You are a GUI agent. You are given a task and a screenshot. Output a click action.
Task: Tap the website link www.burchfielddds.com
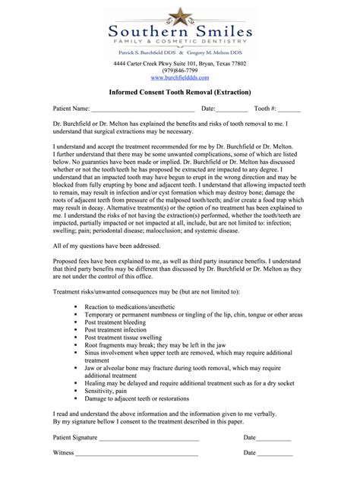[x=180, y=78]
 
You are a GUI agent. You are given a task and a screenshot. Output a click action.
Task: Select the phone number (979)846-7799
[x=180, y=71]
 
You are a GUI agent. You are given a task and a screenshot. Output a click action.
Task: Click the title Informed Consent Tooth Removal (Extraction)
[x=179, y=92]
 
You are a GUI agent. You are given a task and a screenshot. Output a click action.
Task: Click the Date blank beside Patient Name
[x=230, y=109]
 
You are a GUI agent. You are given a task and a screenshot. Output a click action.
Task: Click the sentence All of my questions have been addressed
[x=110, y=225]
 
